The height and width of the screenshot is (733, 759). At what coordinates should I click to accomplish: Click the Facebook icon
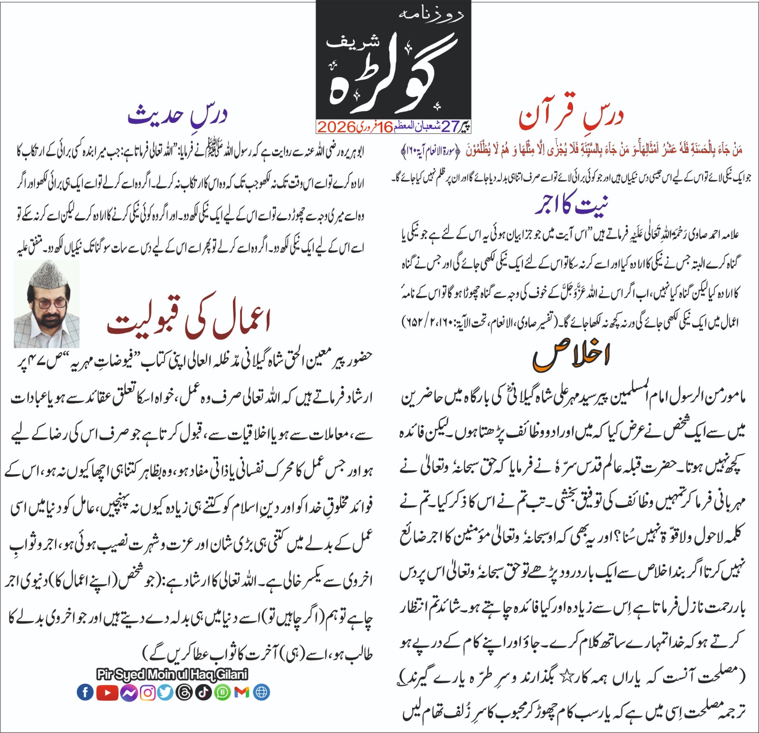tap(85, 693)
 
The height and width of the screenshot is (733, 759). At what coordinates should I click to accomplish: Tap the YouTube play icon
tap(107, 693)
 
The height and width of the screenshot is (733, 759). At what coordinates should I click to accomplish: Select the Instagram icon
tap(148, 693)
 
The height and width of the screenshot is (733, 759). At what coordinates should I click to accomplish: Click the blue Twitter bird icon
tap(166, 693)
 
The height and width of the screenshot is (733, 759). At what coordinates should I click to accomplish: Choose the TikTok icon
tap(203, 693)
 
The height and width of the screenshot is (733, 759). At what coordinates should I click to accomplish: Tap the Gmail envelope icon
tap(241, 693)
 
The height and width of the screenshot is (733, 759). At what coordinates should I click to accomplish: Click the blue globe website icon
tap(261, 693)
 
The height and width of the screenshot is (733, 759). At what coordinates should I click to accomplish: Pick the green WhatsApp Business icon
tap(222, 693)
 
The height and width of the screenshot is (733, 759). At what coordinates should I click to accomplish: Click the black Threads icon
tap(184, 693)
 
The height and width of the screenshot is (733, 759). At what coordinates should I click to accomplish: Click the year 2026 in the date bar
tap(336, 127)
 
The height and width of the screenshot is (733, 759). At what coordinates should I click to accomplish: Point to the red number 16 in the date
tap(386, 127)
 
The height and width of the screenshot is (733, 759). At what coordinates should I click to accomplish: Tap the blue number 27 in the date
tap(450, 127)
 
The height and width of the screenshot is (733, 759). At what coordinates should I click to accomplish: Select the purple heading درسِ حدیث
tap(177, 115)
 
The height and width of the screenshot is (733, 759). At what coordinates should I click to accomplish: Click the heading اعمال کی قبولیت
tap(189, 320)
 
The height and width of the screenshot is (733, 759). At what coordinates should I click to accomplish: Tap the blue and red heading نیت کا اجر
tap(571, 204)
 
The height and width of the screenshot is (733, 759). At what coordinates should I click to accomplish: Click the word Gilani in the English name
tap(232, 674)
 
